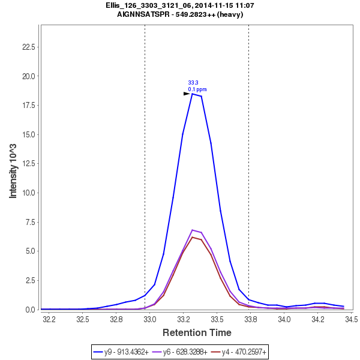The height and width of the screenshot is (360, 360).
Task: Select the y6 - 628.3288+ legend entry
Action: tap(185, 351)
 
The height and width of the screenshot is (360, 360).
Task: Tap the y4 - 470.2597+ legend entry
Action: tap(245, 351)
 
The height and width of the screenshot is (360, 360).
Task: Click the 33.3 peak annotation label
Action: tap(193, 83)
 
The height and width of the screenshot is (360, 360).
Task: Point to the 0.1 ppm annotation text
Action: tap(197, 89)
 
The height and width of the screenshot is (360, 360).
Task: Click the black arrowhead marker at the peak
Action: tap(187, 94)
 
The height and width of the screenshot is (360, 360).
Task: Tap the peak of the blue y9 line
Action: tap(192, 94)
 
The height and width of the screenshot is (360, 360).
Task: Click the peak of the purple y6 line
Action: tap(192, 230)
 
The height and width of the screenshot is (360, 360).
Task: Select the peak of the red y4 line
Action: tap(192, 237)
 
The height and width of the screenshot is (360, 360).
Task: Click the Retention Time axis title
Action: tap(197, 332)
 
